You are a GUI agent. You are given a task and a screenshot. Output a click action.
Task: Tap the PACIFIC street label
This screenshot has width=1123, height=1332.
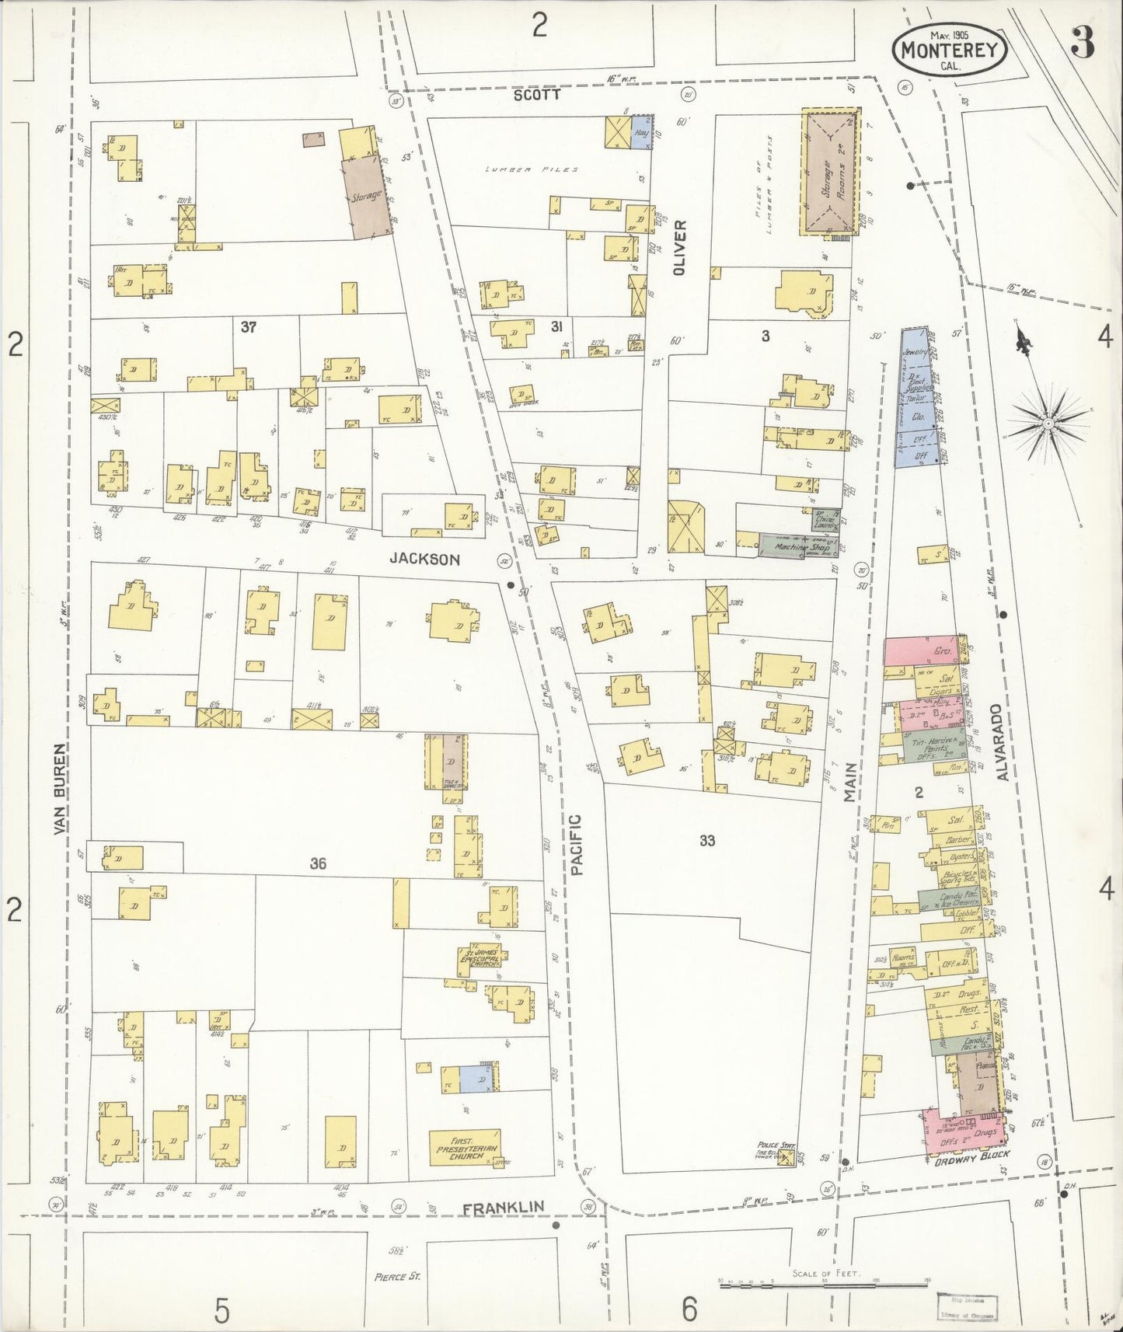tap(576, 844)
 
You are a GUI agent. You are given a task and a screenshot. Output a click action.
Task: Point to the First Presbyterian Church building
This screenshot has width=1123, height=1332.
tap(465, 1147)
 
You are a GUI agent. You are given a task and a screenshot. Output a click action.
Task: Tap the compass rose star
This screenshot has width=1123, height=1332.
tap(1047, 424)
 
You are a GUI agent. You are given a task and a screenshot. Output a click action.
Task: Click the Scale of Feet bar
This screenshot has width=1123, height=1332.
tap(824, 1286)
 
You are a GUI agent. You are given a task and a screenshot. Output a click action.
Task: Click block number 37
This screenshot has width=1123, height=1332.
tap(248, 327)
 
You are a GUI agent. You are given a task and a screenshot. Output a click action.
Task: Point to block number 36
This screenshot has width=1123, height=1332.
tap(317, 863)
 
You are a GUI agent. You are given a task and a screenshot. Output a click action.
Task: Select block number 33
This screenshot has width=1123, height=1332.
tap(706, 840)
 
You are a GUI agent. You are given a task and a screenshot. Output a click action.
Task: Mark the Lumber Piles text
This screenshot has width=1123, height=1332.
tap(532, 169)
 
